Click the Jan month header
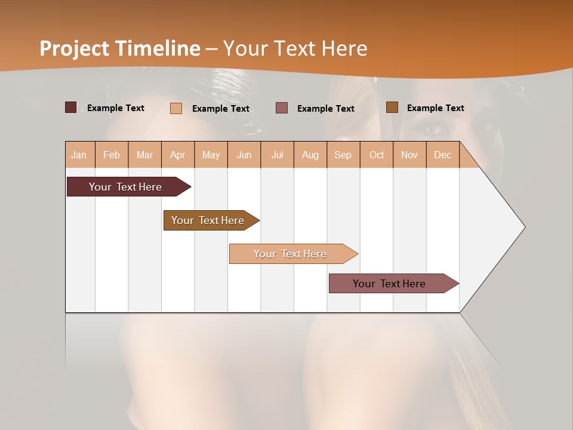pos(79,155)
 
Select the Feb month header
pos(112,155)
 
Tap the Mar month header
pos(144,155)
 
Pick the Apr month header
pos(178,155)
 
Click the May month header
pos(211,155)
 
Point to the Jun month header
pos(244,155)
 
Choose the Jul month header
pos(277,155)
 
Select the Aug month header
pos(310,155)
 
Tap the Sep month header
pos(343,155)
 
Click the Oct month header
pos(377,155)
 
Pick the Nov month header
pos(409,155)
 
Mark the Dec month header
pos(443,155)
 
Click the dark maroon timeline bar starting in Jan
pos(126,187)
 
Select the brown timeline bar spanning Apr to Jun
pos(208,220)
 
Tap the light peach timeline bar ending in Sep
pos(291,254)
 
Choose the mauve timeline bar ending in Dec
pos(390,284)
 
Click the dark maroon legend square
pos(71,107)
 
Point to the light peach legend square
pos(176,108)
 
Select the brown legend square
pos(392,107)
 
